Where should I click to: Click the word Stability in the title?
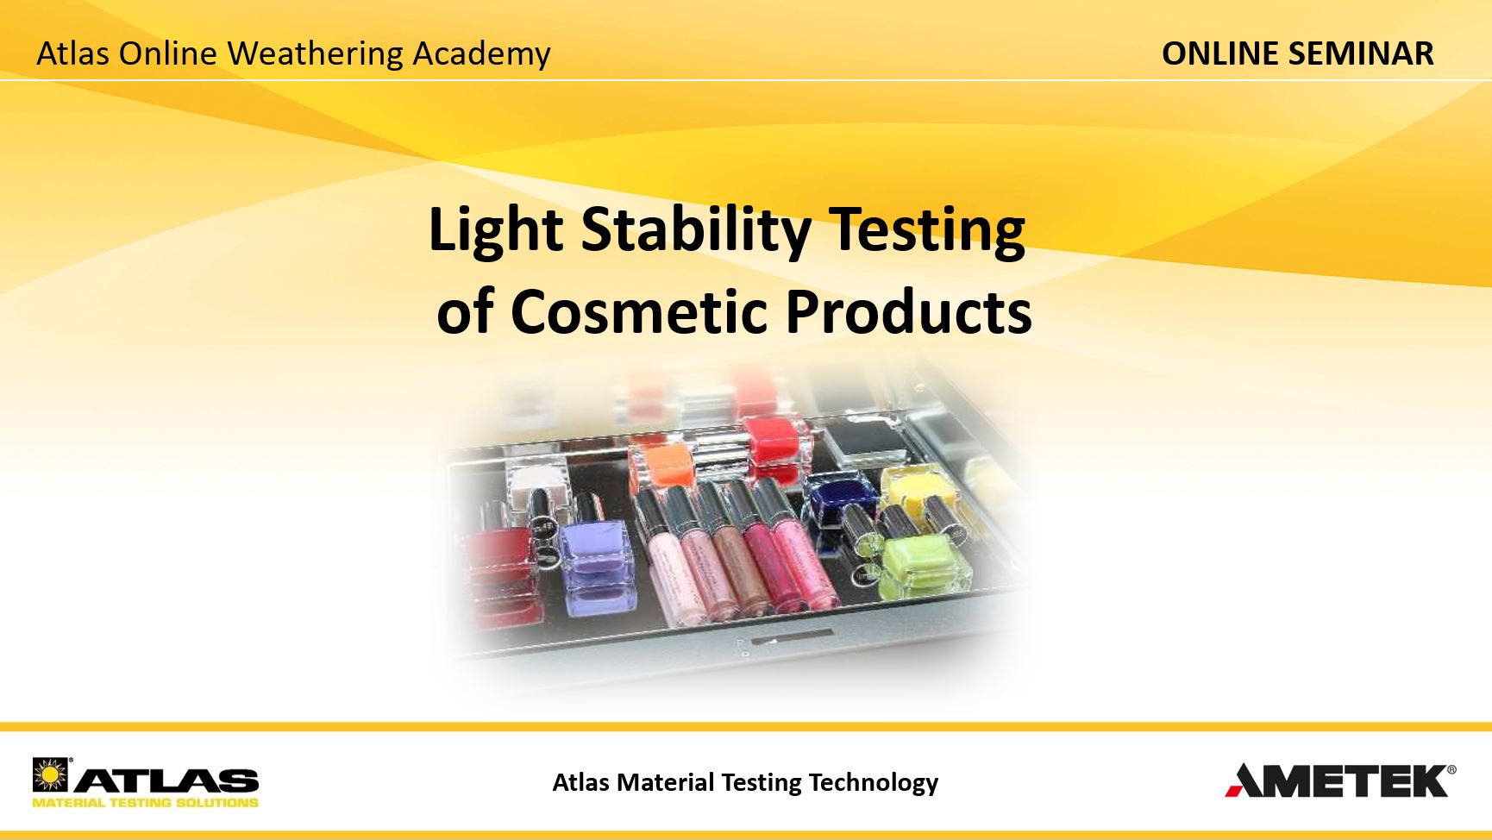696,231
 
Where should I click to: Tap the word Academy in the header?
481,54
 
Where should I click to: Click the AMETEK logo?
1340,780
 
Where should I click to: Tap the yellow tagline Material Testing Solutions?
145,803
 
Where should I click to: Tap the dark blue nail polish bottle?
841,501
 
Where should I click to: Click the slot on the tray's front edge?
792,639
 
